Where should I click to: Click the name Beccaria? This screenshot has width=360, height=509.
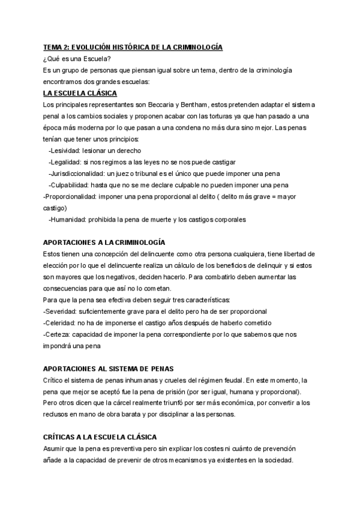150,104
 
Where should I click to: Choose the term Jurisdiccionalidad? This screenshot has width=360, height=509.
77,173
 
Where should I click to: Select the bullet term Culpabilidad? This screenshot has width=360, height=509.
68,185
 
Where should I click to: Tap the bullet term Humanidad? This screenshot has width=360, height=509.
67,220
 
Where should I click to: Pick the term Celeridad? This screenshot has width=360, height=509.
61,323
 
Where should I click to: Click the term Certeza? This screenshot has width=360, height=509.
59,334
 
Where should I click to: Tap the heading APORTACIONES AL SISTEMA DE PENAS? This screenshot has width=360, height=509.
109,369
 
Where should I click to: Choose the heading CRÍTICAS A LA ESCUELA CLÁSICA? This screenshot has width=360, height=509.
100,438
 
